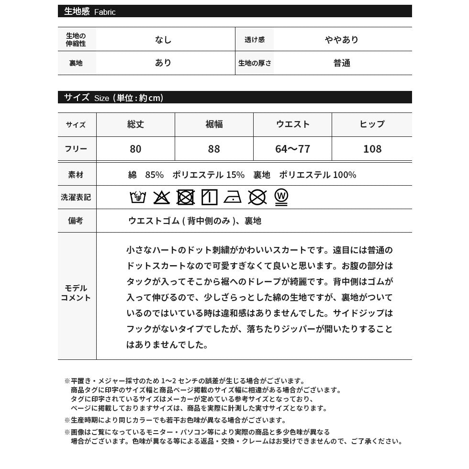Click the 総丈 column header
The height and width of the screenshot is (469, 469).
[x=135, y=124]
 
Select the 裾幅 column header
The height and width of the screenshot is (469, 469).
[x=214, y=124]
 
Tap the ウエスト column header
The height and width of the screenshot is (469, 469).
[x=292, y=124]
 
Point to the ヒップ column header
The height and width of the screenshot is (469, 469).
[x=372, y=124]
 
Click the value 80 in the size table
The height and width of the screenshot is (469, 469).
[x=135, y=149]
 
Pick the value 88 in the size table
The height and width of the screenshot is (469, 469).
[x=214, y=149]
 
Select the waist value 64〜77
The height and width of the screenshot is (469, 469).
[x=292, y=149]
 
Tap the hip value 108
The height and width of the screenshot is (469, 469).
[x=372, y=149]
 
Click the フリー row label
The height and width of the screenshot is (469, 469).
[x=76, y=149]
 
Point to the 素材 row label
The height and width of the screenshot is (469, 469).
[x=76, y=175]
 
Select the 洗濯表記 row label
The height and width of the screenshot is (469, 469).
[x=76, y=197]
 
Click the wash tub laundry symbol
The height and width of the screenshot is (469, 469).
[x=138, y=197]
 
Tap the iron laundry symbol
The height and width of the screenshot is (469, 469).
[x=233, y=197]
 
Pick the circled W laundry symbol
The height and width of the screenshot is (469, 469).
[x=281, y=197]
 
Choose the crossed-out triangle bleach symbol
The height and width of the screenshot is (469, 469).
[x=161, y=197]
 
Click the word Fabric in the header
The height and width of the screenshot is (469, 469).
[x=105, y=12]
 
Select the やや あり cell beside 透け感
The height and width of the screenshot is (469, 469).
[x=342, y=40]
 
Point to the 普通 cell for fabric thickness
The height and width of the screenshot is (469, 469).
[x=342, y=63]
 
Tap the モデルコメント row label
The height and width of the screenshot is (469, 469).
[x=76, y=293]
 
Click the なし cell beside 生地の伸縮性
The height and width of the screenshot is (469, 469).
[x=163, y=40]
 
